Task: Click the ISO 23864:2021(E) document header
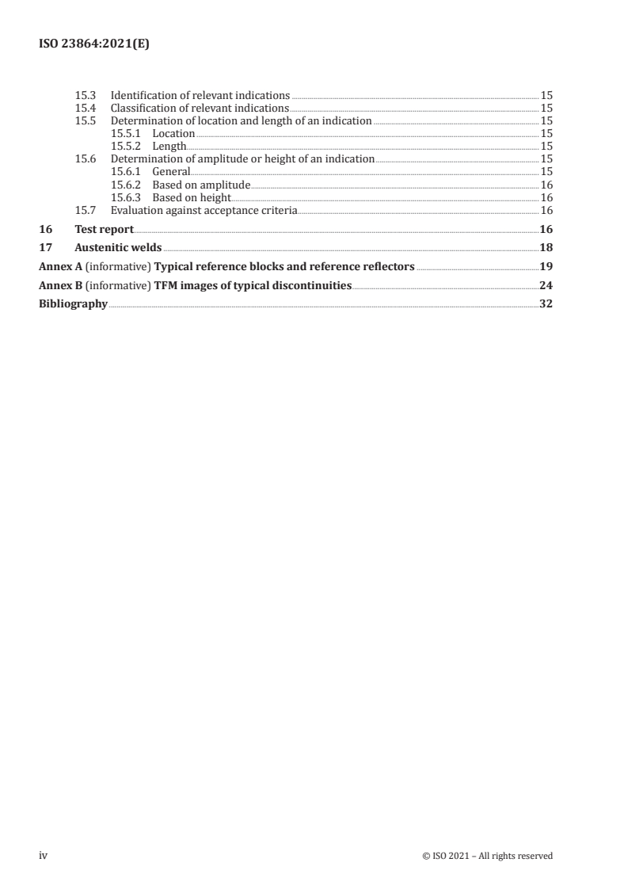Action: [x=94, y=45]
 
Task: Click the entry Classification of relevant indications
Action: [x=200, y=108]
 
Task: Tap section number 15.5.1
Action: [x=127, y=133]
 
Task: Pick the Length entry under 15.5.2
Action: [x=169, y=146]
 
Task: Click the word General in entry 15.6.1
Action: [x=171, y=171]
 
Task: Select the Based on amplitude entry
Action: [x=201, y=185]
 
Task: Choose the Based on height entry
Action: [x=192, y=197]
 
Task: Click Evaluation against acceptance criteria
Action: [x=204, y=210]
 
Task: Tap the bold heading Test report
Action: [x=104, y=229]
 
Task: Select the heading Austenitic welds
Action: [x=118, y=247]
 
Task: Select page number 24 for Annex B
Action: [x=546, y=285]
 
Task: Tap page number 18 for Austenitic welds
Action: [x=546, y=247]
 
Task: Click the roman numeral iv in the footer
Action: [x=44, y=855]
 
